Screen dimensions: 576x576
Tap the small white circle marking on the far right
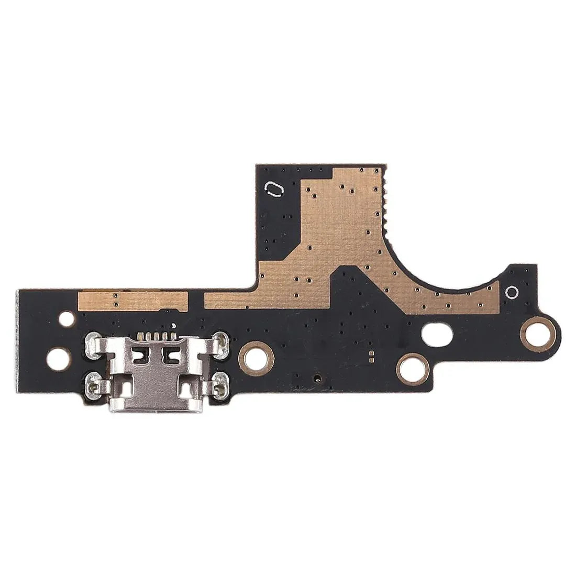click(512, 292)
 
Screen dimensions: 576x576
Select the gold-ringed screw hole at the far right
click(537, 331)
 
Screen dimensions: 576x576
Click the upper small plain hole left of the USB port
click(67, 318)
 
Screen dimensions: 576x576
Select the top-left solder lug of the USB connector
click(95, 342)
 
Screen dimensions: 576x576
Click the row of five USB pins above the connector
click(155, 335)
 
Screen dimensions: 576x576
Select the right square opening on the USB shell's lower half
click(187, 389)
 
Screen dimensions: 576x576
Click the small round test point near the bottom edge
click(316, 377)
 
